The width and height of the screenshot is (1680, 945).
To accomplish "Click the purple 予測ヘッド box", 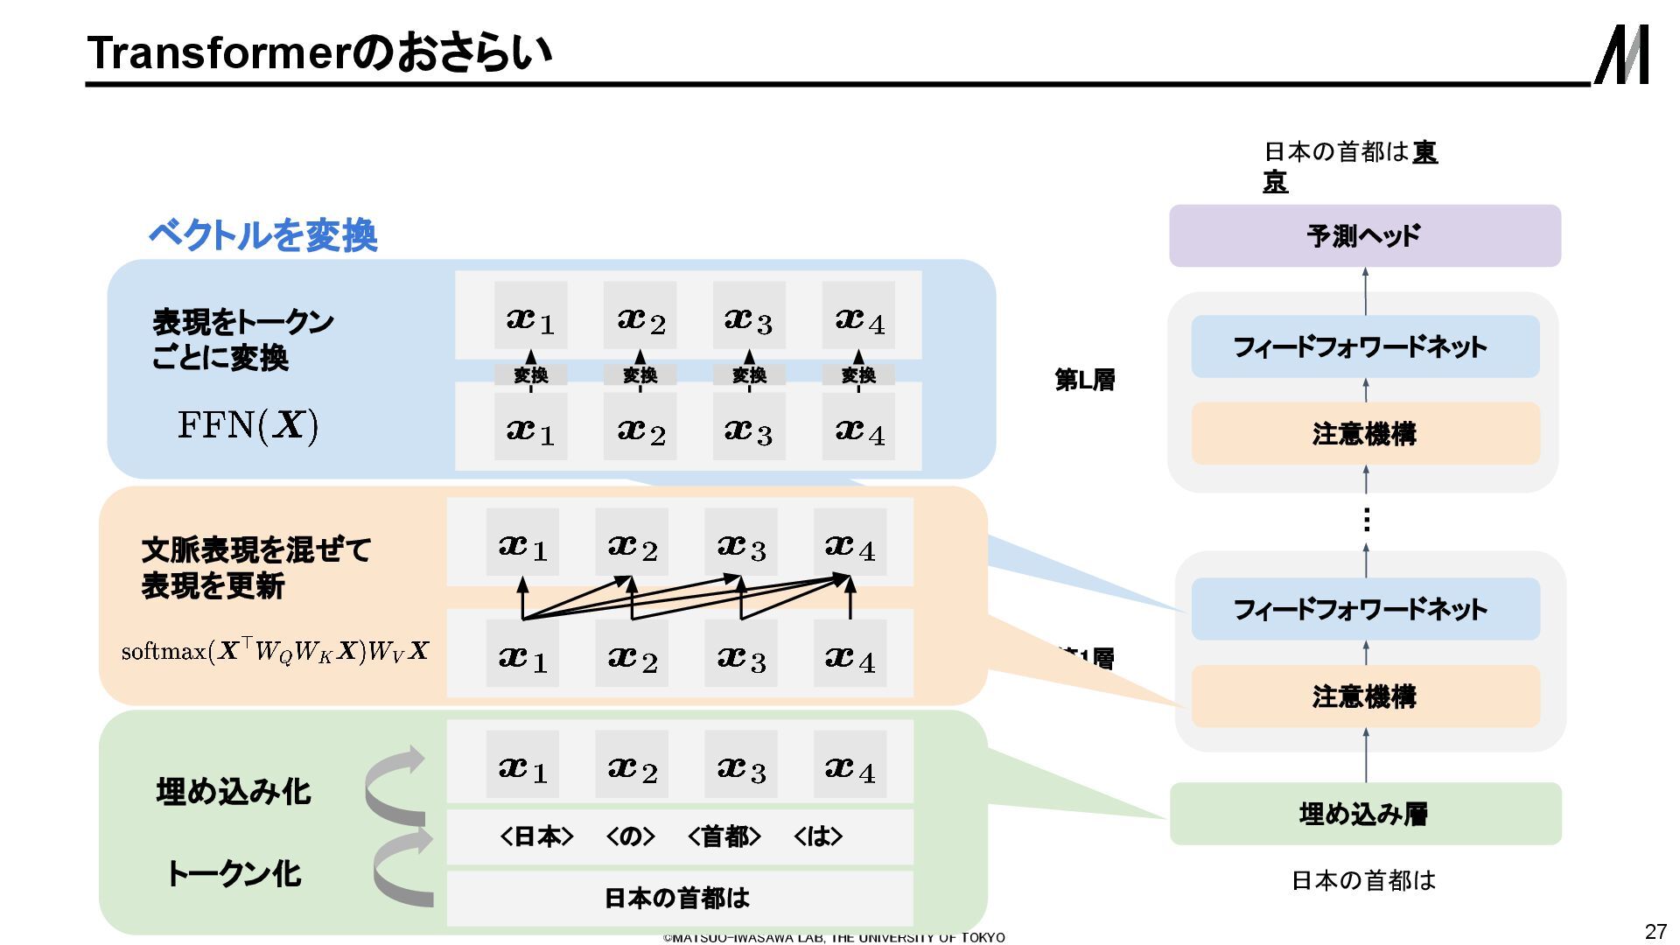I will [1364, 235].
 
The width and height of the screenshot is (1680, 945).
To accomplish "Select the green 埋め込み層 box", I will [1365, 814].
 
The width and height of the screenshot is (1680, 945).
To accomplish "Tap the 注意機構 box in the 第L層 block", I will [1365, 434].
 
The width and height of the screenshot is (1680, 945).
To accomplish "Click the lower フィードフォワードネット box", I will [1365, 609].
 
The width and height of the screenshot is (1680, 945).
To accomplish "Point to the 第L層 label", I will [1085, 380].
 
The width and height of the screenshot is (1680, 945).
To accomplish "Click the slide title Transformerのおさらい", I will [320, 52].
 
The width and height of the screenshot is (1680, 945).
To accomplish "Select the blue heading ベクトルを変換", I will [263, 234].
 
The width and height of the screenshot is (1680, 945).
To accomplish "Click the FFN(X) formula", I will [248, 425].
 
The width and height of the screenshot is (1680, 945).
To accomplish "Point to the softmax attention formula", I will [275, 651].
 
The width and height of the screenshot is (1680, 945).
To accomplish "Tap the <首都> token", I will [724, 837].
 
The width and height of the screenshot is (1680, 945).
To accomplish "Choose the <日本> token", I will [536, 837].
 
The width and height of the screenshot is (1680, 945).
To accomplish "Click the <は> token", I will [818, 837].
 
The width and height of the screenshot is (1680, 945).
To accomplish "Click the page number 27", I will [1655, 931].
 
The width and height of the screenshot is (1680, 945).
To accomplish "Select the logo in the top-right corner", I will [1622, 54].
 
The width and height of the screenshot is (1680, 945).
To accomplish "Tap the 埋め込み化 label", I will [234, 792].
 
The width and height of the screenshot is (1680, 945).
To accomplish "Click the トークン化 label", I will [234, 873].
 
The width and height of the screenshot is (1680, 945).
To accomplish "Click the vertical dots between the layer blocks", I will [1366, 521].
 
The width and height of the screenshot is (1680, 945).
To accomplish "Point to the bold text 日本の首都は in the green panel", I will [677, 898].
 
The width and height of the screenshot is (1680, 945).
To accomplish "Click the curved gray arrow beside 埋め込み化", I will [395, 785].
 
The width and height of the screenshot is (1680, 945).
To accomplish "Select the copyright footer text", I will [834, 938].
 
